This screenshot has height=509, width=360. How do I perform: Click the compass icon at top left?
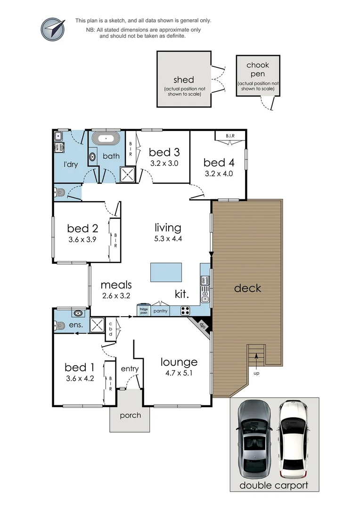[x=52, y=29]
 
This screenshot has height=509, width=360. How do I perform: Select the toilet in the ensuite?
[x=59, y=325]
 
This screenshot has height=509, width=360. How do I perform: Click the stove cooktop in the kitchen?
[x=186, y=311]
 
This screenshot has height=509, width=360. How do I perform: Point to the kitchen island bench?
[x=166, y=272]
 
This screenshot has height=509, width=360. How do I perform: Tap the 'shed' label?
[x=184, y=80]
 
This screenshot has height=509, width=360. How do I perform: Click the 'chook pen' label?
[x=258, y=70]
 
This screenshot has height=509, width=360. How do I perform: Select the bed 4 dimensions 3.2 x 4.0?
[x=219, y=173]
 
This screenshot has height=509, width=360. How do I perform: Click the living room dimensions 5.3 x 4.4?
[x=168, y=238]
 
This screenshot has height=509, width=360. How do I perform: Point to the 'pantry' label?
[x=161, y=312]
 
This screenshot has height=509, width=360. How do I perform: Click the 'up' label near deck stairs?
[x=256, y=373]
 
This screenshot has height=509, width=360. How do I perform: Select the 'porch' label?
[x=130, y=415]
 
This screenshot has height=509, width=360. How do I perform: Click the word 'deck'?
[x=247, y=288]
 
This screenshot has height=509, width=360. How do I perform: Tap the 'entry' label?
[x=129, y=369]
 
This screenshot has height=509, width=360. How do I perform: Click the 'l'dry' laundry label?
[x=71, y=164]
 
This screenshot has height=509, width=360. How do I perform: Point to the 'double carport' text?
[x=274, y=485]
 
